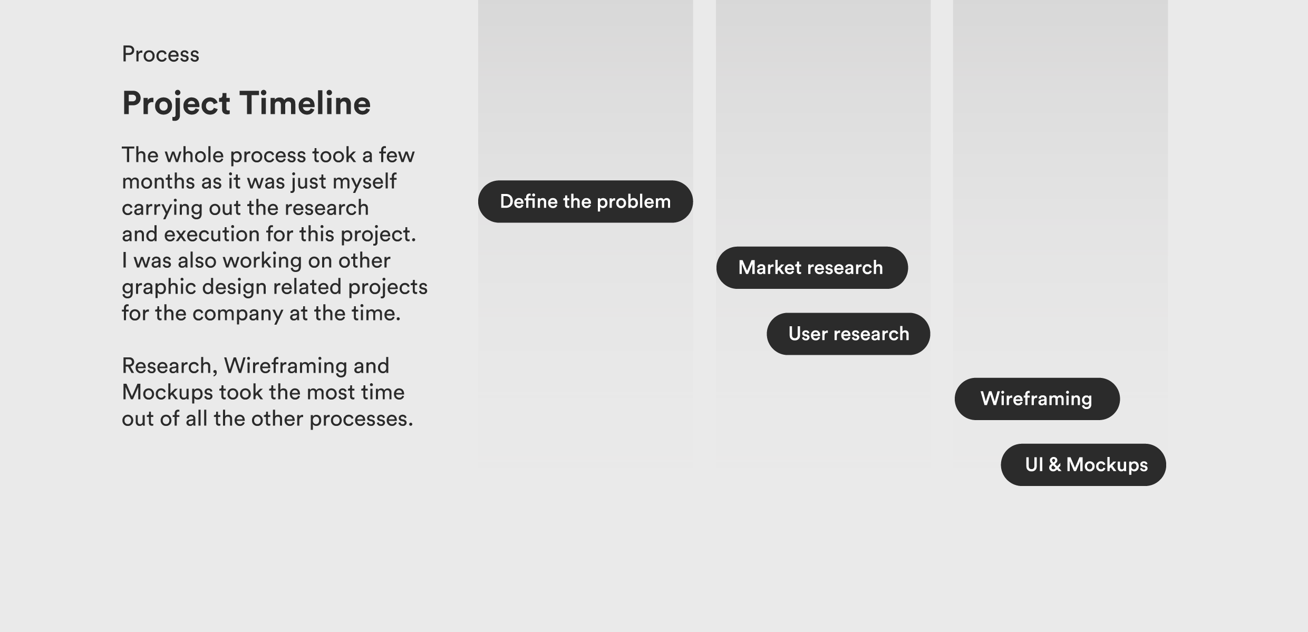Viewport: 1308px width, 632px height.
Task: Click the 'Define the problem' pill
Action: pos(585,201)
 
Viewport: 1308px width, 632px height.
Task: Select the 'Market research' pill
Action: pos(811,268)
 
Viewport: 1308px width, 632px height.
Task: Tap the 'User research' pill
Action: pos(848,334)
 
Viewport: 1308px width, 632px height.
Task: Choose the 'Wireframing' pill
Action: pos(1036,399)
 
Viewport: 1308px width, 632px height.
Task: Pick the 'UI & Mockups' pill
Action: pos(1083,465)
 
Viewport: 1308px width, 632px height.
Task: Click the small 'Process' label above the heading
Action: pos(160,54)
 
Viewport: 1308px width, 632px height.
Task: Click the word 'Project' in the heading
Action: pos(176,103)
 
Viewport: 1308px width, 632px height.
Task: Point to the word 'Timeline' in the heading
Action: pos(305,103)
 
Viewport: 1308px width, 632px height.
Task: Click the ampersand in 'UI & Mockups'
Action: pos(1054,464)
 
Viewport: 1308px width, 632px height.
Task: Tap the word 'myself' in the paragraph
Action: pos(364,182)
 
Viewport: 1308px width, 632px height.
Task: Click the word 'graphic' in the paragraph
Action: pos(159,287)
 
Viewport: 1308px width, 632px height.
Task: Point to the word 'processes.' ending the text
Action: pos(361,419)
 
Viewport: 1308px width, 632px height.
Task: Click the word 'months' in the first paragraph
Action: pos(158,181)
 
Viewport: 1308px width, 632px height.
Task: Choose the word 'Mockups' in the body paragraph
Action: pos(167,393)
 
